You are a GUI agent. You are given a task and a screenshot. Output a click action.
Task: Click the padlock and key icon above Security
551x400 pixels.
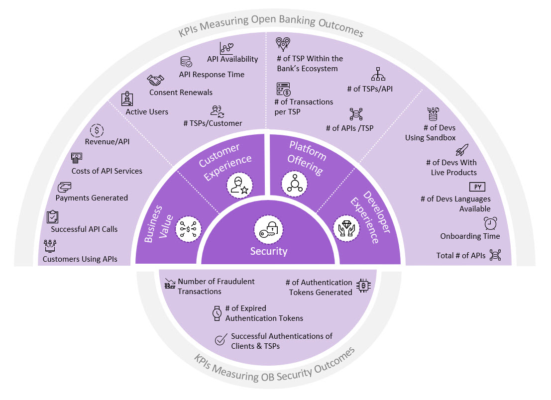pyautogui.click(x=268, y=229)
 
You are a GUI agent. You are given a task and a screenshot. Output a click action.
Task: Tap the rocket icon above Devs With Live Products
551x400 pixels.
pyautogui.click(x=462, y=150)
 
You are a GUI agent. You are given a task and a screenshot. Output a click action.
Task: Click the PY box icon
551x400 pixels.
pyautogui.click(x=477, y=187)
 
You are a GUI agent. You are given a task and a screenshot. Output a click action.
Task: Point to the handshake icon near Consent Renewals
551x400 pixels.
pyautogui.click(x=156, y=80)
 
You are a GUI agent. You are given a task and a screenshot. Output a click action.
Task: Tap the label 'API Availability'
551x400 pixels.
pyautogui.click(x=232, y=59)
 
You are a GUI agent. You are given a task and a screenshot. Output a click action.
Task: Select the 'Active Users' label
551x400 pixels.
pyautogui.click(x=147, y=111)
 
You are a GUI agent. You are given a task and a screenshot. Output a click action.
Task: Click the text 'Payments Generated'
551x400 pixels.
pyautogui.click(x=92, y=198)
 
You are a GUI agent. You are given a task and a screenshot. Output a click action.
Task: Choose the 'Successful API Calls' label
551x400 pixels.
pyautogui.click(x=84, y=229)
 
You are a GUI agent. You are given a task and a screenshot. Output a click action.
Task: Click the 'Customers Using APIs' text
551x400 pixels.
pyautogui.click(x=80, y=259)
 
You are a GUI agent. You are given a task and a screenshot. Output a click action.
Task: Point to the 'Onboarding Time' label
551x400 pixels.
pyautogui.click(x=470, y=236)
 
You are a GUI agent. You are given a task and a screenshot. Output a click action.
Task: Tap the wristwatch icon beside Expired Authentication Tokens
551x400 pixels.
pyautogui.click(x=217, y=313)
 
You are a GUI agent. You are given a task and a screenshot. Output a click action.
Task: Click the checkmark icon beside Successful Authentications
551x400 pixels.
pyautogui.click(x=220, y=340)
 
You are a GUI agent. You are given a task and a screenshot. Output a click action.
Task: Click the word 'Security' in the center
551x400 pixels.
pyautogui.click(x=269, y=251)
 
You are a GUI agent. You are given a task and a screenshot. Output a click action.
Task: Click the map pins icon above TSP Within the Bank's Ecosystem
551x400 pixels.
pyautogui.click(x=283, y=45)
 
